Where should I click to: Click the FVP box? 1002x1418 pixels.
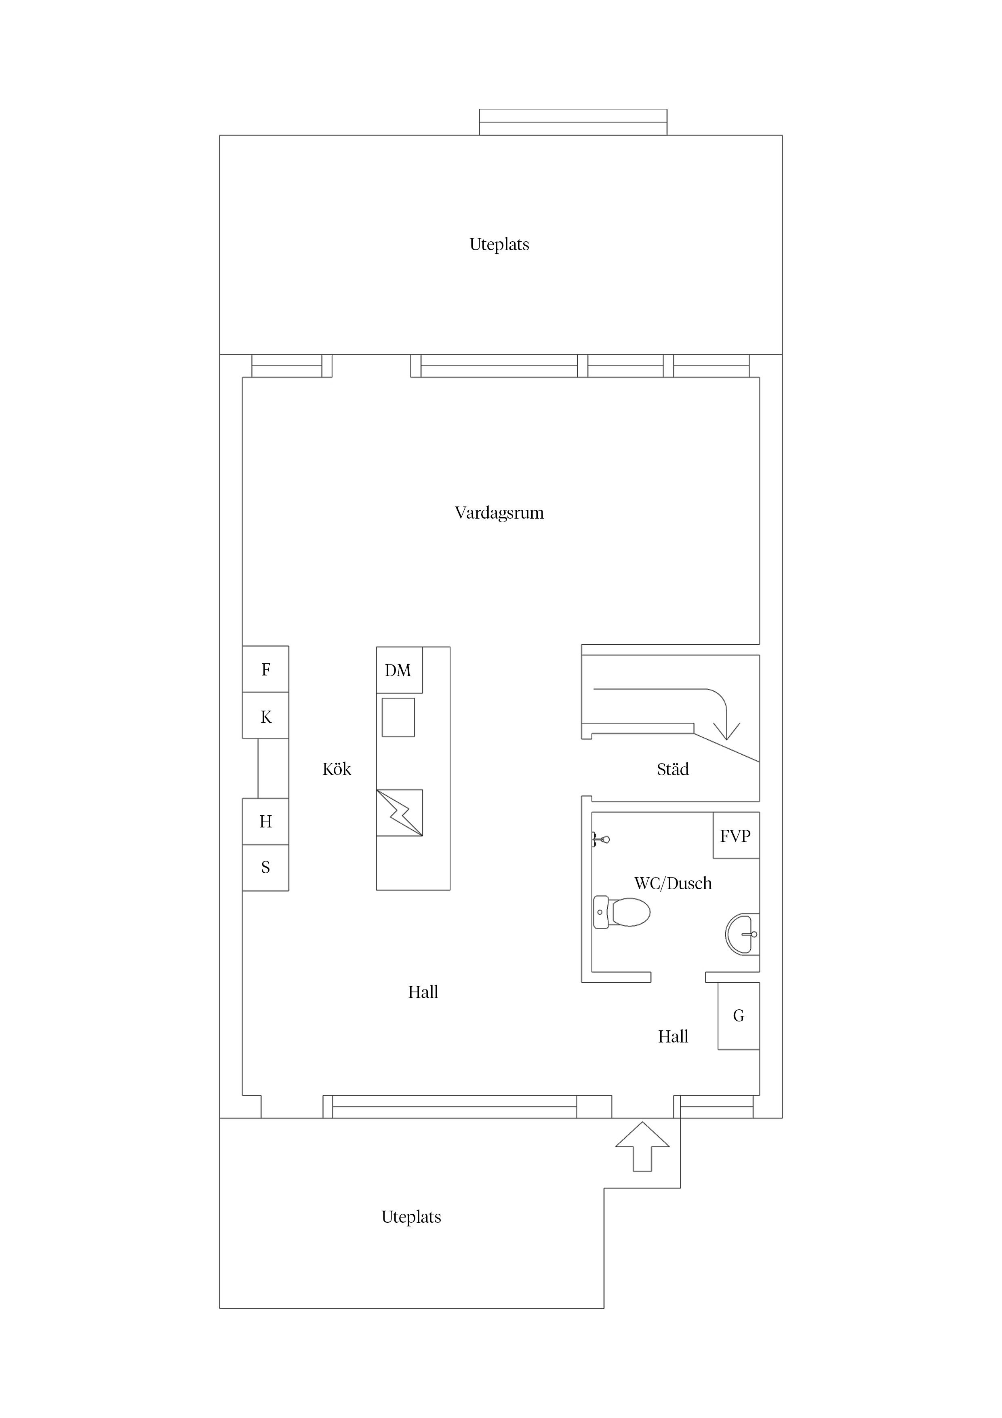point(736,835)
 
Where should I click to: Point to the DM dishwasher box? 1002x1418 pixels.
point(399,670)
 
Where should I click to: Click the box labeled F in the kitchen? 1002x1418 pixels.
point(265,669)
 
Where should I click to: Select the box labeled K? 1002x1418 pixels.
point(265,716)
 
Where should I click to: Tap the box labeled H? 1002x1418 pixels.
point(265,821)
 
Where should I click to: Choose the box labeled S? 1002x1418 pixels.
point(265,867)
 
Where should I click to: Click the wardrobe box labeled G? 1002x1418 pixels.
point(739,1015)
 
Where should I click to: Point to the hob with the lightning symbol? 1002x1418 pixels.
point(400,813)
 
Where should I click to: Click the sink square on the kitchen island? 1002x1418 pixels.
point(398,717)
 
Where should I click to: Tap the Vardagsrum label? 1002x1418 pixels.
point(499,513)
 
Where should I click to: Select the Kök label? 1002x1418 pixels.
point(337,769)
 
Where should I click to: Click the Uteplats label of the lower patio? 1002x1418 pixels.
point(411,1217)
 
